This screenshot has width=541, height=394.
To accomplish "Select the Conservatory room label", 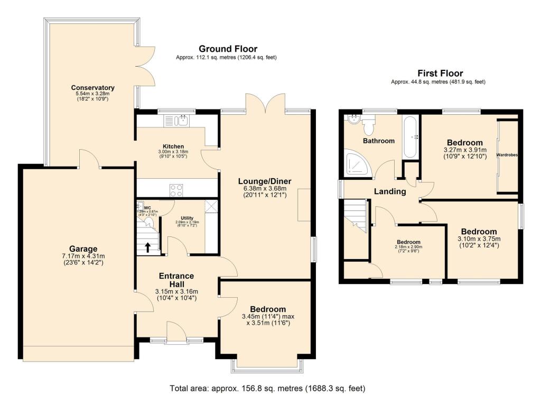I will (93, 87).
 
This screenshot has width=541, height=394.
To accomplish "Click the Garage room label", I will (83, 249).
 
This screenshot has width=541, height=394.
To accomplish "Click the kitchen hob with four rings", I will (176, 189).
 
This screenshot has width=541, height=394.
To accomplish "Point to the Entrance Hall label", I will (177, 280).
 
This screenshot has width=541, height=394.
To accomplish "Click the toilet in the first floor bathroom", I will (368, 127).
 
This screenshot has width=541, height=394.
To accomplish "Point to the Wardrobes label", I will (507, 155).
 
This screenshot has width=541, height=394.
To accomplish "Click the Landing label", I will (390, 191).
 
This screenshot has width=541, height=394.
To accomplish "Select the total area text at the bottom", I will (267, 388).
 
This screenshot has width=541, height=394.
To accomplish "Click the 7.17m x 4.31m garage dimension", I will (83, 256).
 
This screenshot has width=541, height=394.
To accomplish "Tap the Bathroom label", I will (379, 141).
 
